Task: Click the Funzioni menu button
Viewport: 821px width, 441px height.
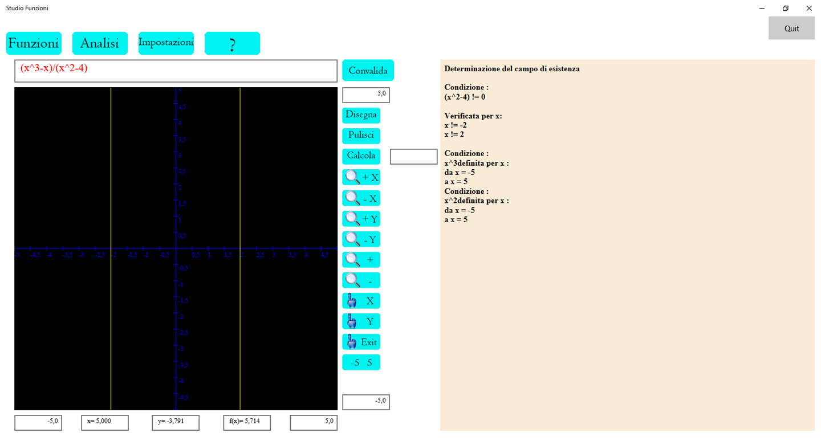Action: tap(34, 43)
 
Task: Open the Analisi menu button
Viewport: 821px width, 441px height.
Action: tap(100, 43)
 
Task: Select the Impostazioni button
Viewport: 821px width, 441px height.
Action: tap(166, 43)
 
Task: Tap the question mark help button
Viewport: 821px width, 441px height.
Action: tap(232, 43)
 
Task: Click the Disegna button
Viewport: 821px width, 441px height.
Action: tap(361, 115)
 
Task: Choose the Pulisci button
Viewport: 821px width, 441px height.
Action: tap(361, 136)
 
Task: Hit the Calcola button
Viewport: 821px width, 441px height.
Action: tap(361, 156)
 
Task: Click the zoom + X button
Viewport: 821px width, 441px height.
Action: tap(361, 178)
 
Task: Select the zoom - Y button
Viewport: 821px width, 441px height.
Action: tap(361, 240)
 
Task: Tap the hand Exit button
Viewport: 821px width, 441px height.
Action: tap(361, 342)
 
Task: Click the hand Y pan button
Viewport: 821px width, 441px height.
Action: tap(361, 322)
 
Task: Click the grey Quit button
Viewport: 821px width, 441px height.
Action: tap(791, 28)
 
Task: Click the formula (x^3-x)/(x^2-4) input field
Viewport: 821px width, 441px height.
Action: tap(176, 71)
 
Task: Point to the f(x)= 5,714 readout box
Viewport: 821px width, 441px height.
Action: tap(247, 423)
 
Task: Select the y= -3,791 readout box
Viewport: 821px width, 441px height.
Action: tap(176, 423)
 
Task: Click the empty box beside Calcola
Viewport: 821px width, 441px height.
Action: tap(413, 156)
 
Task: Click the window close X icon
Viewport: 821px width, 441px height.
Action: tap(808, 9)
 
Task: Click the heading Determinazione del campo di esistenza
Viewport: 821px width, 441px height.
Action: tap(512, 69)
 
